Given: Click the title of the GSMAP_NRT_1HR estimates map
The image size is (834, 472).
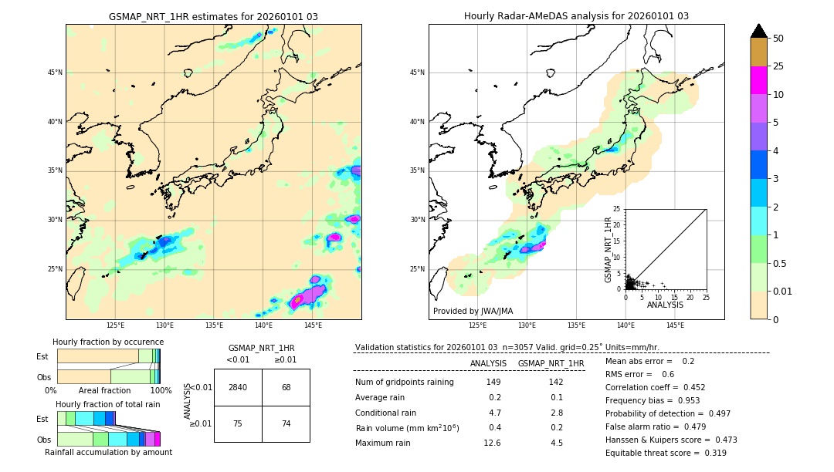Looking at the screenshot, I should [x=213, y=16].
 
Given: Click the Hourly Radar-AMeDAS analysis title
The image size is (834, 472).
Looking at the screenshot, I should [x=576, y=16].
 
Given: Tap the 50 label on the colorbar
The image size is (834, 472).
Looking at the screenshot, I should [x=778, y=39].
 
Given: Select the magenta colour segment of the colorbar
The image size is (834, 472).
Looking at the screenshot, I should [x=758, y=80].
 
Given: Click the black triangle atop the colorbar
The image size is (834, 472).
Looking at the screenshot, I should [x=758, y=31].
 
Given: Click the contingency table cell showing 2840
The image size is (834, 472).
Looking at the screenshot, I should [x=238, y=387].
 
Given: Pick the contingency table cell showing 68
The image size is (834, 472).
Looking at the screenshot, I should [x=286, y=387].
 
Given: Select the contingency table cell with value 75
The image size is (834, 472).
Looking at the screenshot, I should [x=238, y=423].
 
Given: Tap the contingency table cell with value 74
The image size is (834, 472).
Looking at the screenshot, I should [x=286, y=423].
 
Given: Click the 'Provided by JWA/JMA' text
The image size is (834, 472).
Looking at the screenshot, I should [x=473, y=311].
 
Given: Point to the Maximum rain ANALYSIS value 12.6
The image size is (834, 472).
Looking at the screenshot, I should [x=493, y=443].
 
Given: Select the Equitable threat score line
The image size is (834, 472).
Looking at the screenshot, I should [x=666, y=453].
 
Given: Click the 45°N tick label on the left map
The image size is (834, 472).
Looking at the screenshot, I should [x=55, y=72].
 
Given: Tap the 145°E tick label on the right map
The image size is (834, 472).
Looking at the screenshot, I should [x=675, y=325].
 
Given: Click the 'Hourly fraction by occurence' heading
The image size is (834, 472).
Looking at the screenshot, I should [x=108, y=342].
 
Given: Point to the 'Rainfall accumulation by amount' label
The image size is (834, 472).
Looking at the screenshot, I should [x=108, y=452].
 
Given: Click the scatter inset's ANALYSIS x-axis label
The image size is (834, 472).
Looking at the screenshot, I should [x=665, y=305].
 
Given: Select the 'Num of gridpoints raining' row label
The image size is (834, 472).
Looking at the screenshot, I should [x=404, y=383].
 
